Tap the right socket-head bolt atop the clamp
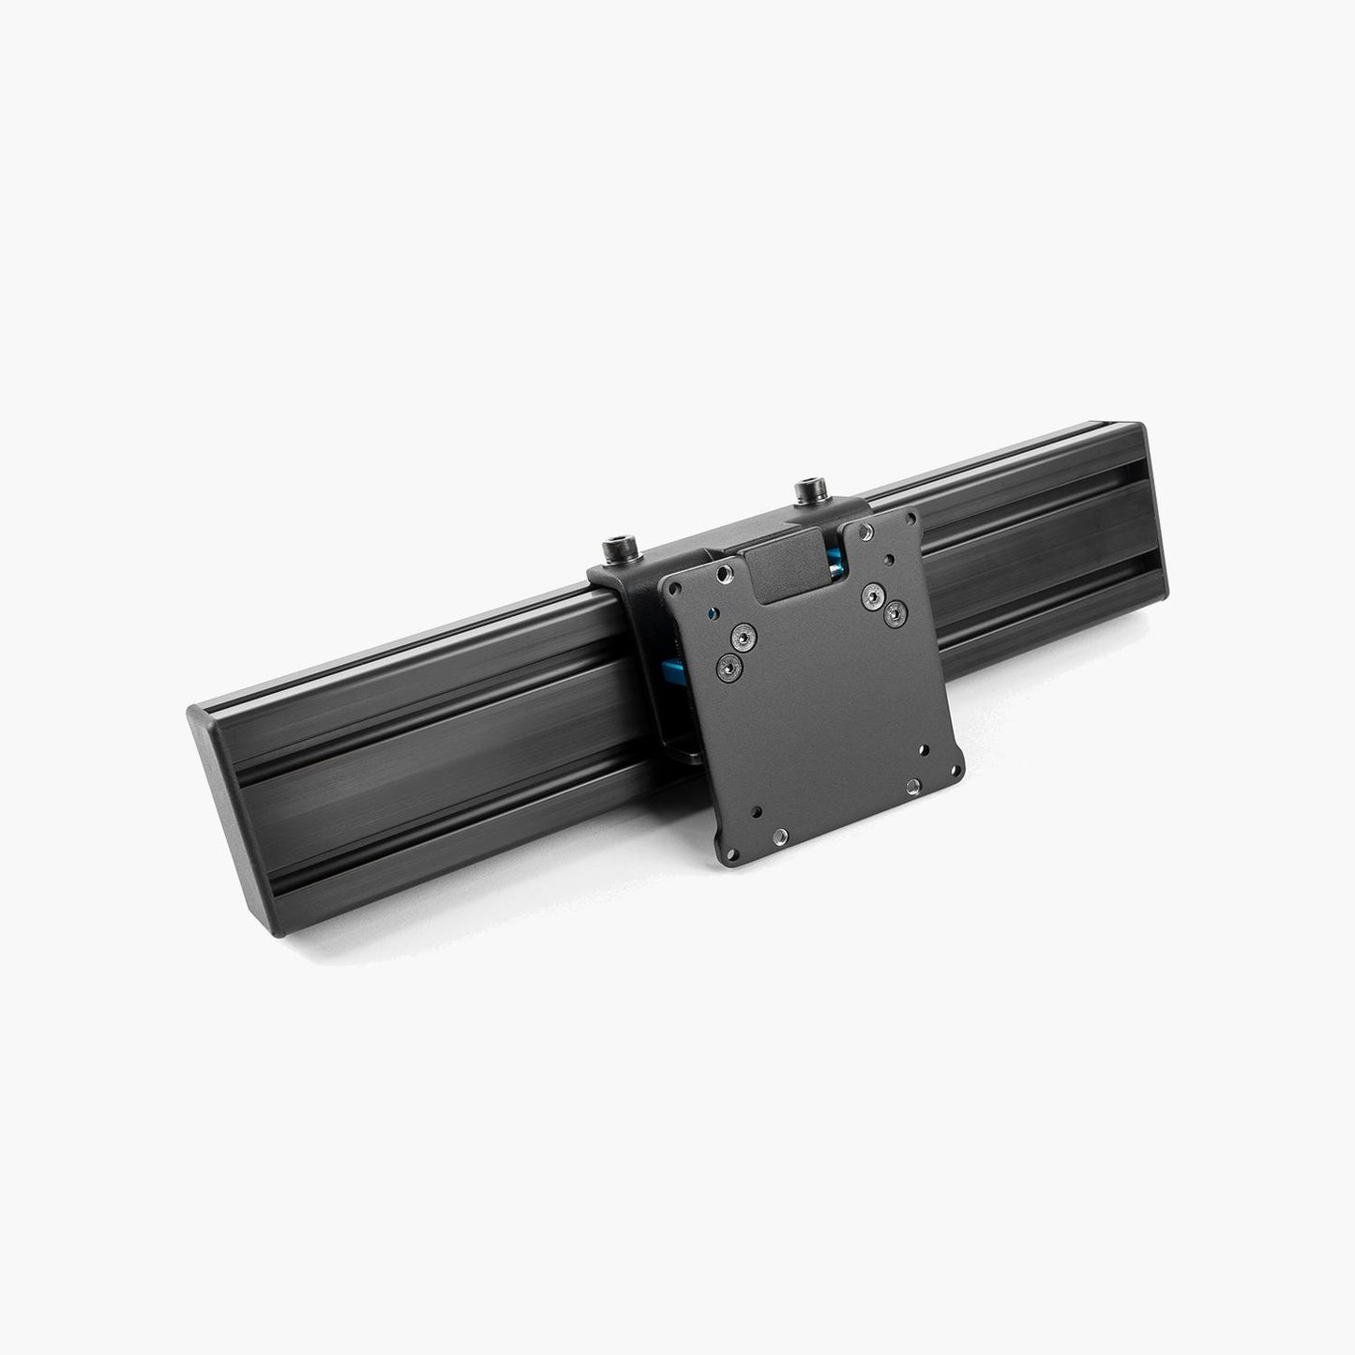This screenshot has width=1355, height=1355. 805,490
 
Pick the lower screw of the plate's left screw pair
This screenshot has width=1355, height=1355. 730,666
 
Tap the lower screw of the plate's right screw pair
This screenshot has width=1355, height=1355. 896,612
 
